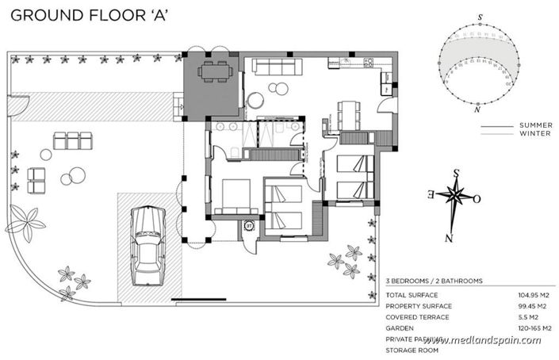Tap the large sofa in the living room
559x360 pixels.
[273, 66]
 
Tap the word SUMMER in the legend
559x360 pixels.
[535, 125]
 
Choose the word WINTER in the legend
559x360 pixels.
[536, 133]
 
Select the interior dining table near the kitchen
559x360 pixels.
[348, 114]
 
